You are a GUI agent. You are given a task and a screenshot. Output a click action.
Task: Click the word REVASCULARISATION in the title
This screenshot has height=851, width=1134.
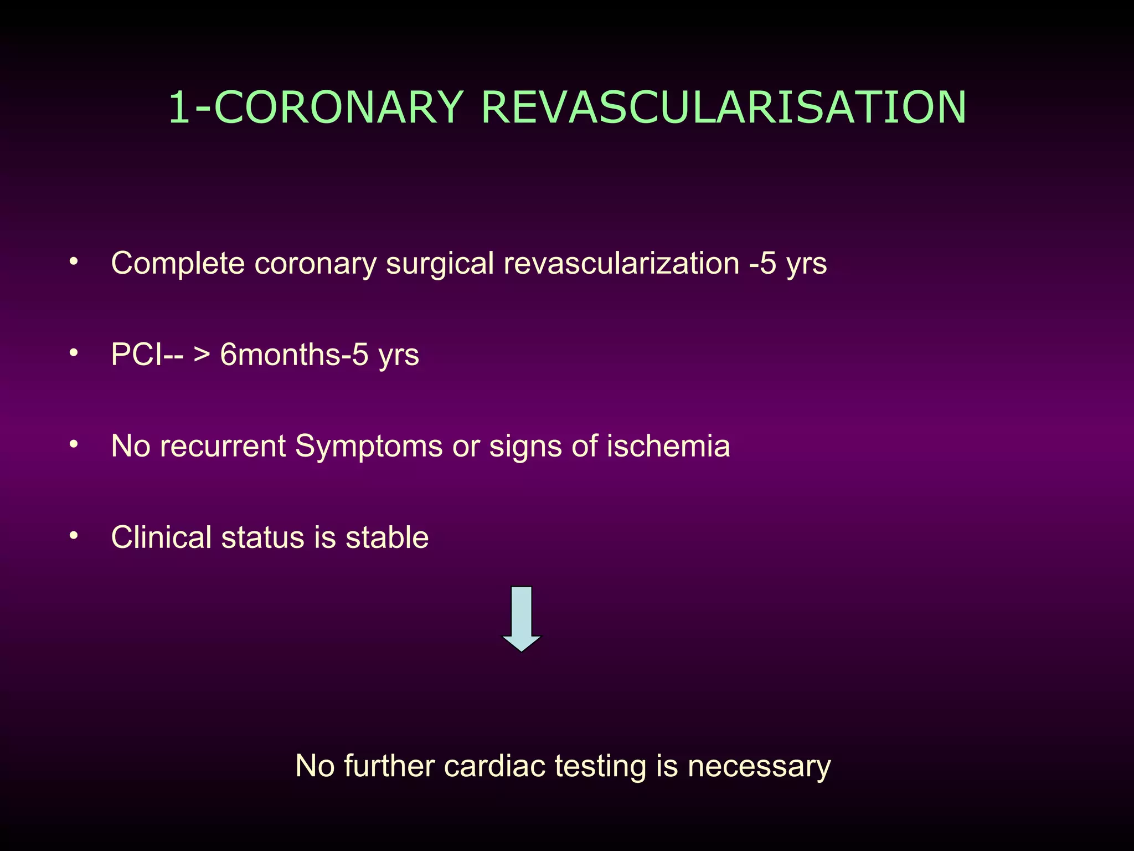pos(724,107)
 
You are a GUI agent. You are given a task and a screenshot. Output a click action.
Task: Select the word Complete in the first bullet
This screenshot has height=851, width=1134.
pos(178,264)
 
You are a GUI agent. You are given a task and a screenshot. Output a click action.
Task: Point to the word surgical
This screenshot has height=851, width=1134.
pos(440,264)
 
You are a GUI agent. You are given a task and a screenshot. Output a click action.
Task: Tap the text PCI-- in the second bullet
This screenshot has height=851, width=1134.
pos(147,355)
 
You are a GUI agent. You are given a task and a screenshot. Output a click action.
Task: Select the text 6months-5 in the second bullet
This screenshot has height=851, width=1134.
pos(294,355)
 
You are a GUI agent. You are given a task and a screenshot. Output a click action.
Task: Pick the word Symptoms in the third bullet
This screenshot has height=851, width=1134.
pos(369,447)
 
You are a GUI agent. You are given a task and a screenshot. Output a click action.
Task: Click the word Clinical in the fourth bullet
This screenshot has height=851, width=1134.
pos(161,537)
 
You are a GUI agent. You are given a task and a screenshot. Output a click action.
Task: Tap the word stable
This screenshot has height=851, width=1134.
pos(387,537)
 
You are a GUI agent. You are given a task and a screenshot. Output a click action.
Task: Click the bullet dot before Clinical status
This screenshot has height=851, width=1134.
pos(74,536)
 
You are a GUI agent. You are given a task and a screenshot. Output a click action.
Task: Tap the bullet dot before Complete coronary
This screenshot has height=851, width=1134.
pos(74,262)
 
